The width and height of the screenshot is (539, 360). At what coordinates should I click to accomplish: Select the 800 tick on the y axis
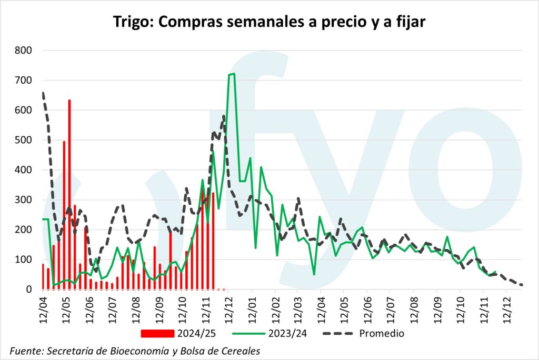(23, 51)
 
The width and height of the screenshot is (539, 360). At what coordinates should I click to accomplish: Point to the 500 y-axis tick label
(23, 140)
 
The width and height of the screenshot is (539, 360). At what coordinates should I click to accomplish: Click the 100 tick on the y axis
(23, 259)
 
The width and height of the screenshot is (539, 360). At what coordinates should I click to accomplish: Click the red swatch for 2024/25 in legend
(157, 333)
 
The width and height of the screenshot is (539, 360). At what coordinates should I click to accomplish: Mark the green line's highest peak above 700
(234, 74)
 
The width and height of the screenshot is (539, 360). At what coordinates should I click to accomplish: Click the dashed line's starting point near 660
(43, 93)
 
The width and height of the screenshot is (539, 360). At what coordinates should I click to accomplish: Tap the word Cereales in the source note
(239, 350)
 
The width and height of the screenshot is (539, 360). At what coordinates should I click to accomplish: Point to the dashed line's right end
(522, 285)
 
